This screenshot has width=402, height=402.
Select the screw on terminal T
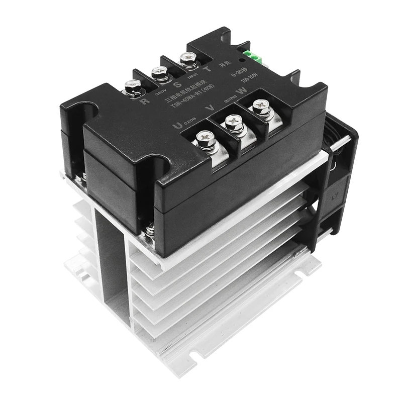tap(188, 61)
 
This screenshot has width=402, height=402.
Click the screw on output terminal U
tap(205, 136)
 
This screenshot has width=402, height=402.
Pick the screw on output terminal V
tap(233, 121)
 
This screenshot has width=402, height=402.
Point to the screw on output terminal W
tap(261, 106)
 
